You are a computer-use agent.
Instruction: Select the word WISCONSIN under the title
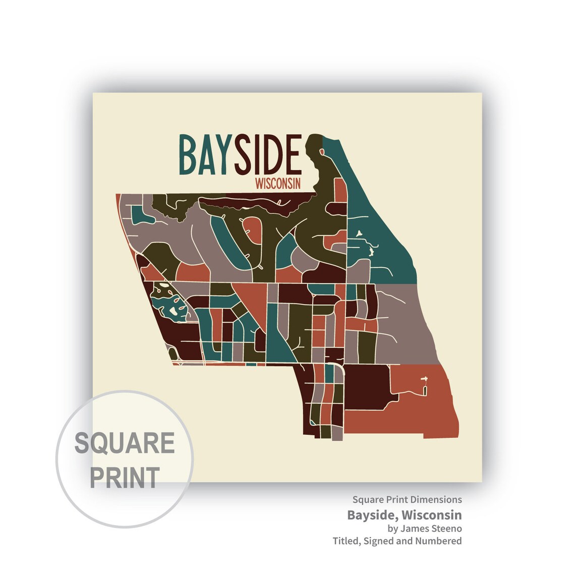pyautogui.click(x=278, y=183)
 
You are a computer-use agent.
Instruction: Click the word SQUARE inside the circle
pyautogui.click(x=125, y=443)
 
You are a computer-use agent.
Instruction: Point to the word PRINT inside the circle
pyautogui.click(x=125, y=477)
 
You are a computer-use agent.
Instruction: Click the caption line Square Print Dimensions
pyautogui.click(x=407, y=500)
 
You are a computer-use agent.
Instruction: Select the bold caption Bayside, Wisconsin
pyautogui.click(x=404, y=515)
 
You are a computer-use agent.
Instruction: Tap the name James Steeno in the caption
pyautogui.click(x=431, y=529)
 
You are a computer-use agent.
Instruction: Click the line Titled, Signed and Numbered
pyautogui.click(x=397, y=541)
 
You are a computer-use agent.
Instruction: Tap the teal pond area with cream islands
pyautogui.click(x=169, y=303)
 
